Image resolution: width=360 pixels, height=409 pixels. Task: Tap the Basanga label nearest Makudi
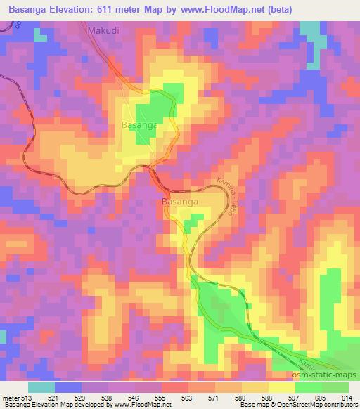139,124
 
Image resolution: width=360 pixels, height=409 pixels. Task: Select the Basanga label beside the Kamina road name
179,202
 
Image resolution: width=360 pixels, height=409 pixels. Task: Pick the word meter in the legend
11,397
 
